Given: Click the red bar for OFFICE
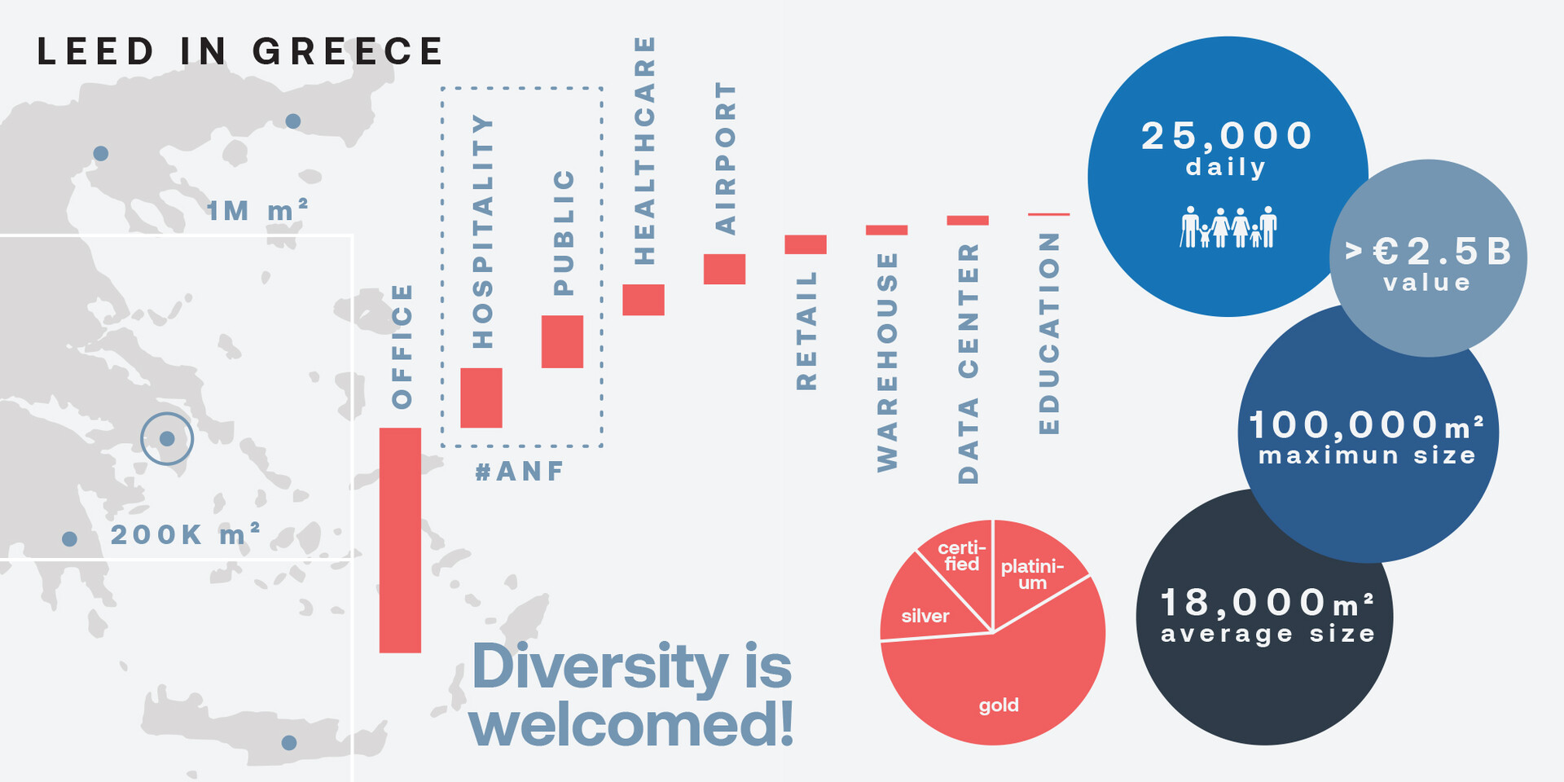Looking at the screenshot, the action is click(400, 540).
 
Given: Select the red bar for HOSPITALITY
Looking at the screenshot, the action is click(481, 398).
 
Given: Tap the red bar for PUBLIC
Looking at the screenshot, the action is click(562, 341).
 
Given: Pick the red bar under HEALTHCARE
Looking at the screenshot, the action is click(644, 300).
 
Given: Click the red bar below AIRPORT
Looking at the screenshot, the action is click(724, 269).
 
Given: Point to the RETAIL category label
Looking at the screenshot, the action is click(806, 331).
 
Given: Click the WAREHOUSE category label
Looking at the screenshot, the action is click(887, 362).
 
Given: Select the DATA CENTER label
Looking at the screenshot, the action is click(968, 363).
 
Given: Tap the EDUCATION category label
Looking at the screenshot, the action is click(1049, 333).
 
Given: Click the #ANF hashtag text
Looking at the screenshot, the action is click(520, 472).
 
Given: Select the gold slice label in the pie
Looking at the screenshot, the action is click(999, 705).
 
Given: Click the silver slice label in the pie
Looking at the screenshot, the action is click(925, 616).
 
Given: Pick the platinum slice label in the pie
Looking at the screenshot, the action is click(1032, 574).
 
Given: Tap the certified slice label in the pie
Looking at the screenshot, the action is click(962, 556).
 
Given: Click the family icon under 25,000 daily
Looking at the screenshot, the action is click(1229, 226).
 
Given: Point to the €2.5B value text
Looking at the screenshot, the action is click(1428, 252).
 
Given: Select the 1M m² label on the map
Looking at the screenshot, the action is click(257, 211).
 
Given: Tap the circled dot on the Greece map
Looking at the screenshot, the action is click(167, 439).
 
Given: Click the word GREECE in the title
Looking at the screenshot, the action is click(348, 51).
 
